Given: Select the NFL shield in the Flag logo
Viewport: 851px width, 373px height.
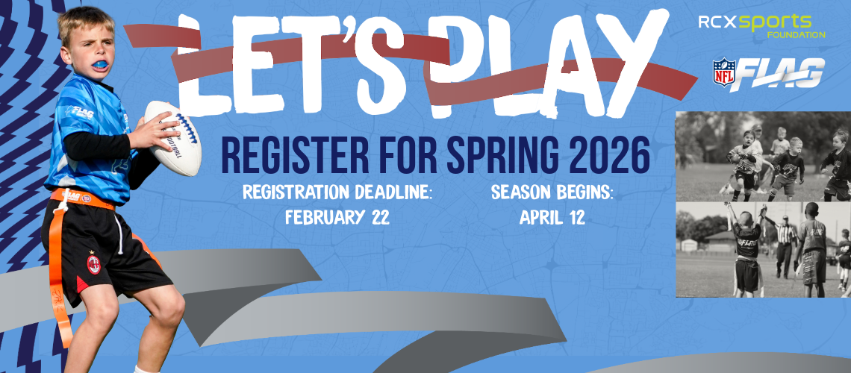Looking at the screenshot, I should click(x=724, y=73).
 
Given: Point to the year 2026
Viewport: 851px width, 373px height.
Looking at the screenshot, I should click(x=605, y=154).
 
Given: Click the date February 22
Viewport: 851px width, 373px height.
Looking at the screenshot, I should click(x=337, y=218).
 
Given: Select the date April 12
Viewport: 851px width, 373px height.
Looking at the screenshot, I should click(x=552, y=218).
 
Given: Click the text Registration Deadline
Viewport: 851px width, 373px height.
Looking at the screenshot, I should click(x=337, y=192).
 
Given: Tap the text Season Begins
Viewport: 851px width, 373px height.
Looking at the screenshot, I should click(x=552, y=192).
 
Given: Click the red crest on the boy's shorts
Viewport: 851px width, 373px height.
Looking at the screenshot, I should click(x=94, y=265).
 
